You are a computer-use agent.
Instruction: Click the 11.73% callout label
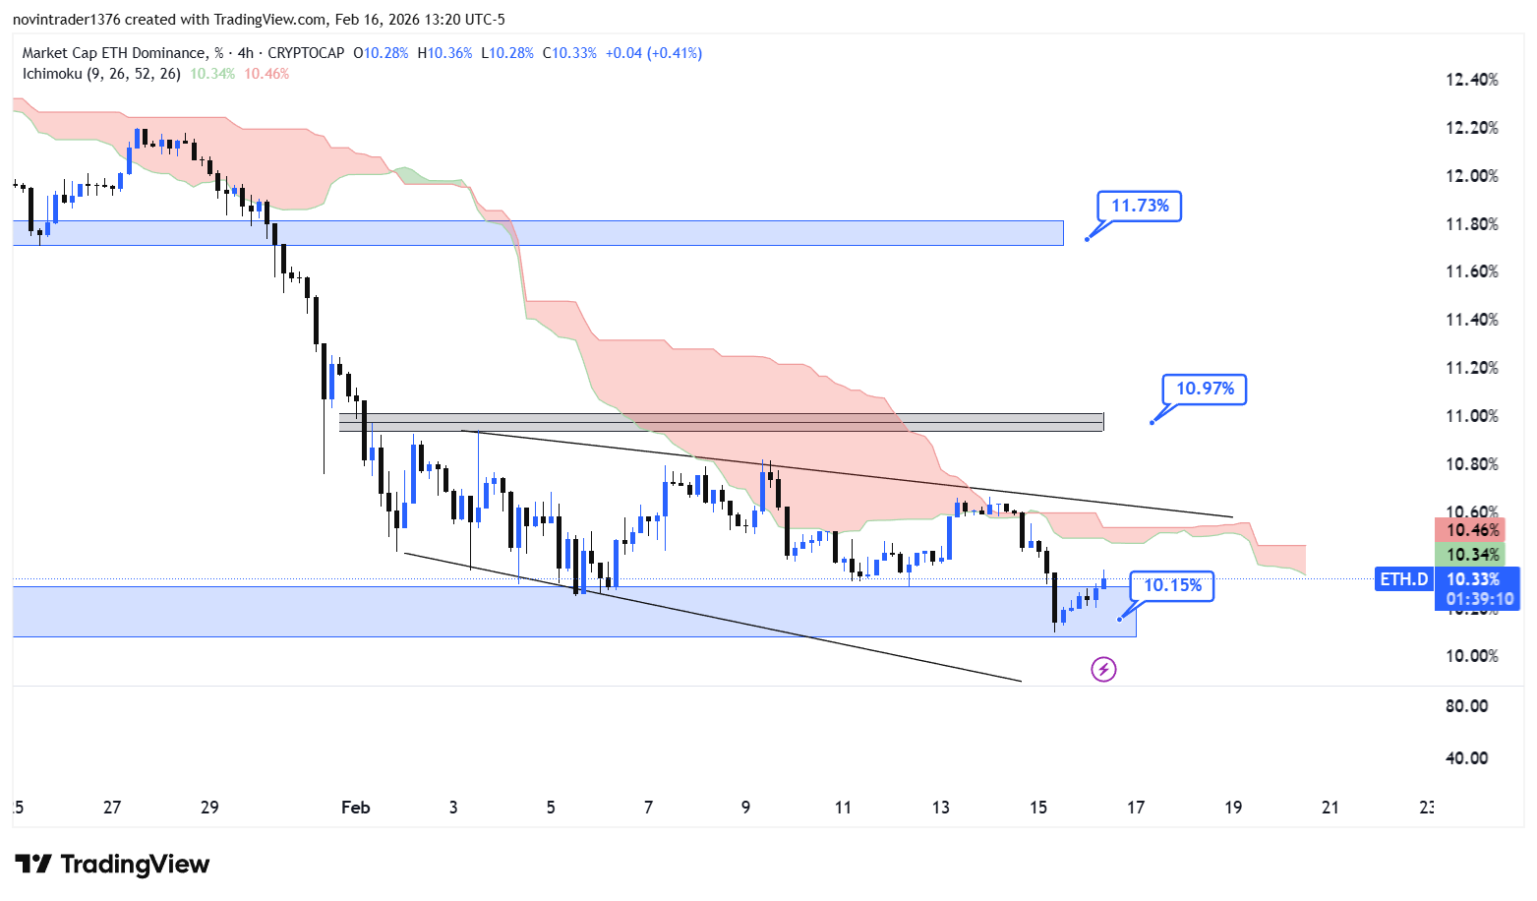point(1140,206)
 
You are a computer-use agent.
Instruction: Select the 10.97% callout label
point(1205,389)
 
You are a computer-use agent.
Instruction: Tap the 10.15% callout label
point(1172,585)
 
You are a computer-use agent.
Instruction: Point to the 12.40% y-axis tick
point(1471,80)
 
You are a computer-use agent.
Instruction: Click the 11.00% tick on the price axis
point(1471,416)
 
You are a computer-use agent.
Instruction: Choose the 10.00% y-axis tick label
point(1471,656)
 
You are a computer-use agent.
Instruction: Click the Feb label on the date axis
point(355,808)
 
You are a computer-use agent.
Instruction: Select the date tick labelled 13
point(940,808)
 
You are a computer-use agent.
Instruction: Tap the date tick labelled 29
point(209,808)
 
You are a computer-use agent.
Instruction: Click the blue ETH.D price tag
point(1403,579)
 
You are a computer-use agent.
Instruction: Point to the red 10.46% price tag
point(1472,530)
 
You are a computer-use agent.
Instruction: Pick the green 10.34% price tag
point(1472,555)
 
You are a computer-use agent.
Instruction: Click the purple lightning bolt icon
point(1103,670)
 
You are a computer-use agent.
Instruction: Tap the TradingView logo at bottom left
point(112,865)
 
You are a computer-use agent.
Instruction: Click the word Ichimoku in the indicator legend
point(51,74)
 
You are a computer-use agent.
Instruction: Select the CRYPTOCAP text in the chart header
point(306,53)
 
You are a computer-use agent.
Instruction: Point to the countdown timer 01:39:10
point(1479,599)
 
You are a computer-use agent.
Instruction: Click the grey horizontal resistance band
point(721,422)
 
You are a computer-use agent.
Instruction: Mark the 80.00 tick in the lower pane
point(1466,706)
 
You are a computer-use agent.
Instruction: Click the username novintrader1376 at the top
point(66,20)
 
